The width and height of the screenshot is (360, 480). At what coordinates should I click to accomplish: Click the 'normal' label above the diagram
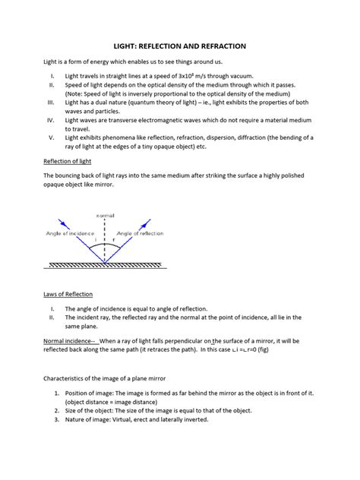[x=105, y=216]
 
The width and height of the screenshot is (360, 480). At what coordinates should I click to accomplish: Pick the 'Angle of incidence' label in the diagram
[x=71, y=233]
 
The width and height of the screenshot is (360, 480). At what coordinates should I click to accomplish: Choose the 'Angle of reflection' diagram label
[x=142, y=233]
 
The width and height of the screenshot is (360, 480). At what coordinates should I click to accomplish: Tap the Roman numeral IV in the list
[x=51, y=120]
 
